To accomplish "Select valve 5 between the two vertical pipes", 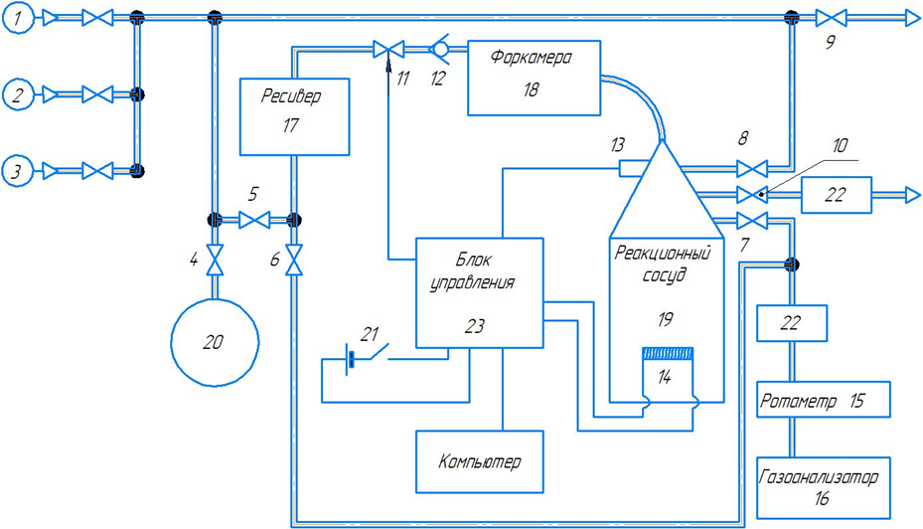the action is pos(254,221).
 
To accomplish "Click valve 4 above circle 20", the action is pos(215,260).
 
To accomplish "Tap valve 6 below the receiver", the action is pos(294,260).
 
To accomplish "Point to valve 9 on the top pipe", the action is pos(832,18).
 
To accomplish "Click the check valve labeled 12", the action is pos(440,49).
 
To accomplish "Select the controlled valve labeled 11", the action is pos(388,50).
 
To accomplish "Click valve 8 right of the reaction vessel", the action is pos(752,169).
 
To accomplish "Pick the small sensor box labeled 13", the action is pos(631,169).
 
